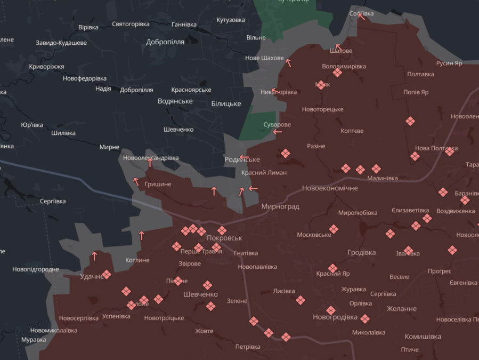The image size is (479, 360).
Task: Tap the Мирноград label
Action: pos(280,206)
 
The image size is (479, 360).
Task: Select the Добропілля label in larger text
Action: pos(165,42)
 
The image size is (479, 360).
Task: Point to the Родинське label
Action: pos(242,160)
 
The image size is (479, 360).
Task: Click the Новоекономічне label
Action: pos(330,188)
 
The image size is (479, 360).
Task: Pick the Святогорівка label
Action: pos(131,25)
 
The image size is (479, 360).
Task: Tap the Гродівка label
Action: pos(361,252)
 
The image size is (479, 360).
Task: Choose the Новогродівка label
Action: pos(335,317)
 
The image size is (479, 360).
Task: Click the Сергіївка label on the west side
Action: pos(53,201)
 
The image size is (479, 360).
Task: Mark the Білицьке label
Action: pos(226,103)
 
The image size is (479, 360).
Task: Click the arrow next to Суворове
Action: pos(277,132)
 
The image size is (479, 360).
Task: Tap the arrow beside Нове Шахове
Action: pos(289,63)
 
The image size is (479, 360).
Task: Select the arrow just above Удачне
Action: pos(94,255)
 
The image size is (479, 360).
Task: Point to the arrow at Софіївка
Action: pos(361,15)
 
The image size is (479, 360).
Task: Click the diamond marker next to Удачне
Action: pos(107,274)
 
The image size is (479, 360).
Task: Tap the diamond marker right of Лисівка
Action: pos(301,300)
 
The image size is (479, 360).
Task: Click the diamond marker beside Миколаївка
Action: pos(364,319)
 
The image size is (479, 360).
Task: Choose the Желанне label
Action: pos(402,309)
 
